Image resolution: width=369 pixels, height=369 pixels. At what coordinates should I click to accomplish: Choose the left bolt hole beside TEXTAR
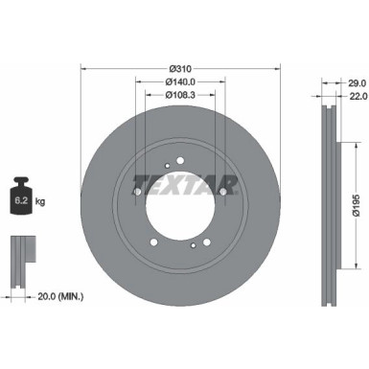[137, 192]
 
